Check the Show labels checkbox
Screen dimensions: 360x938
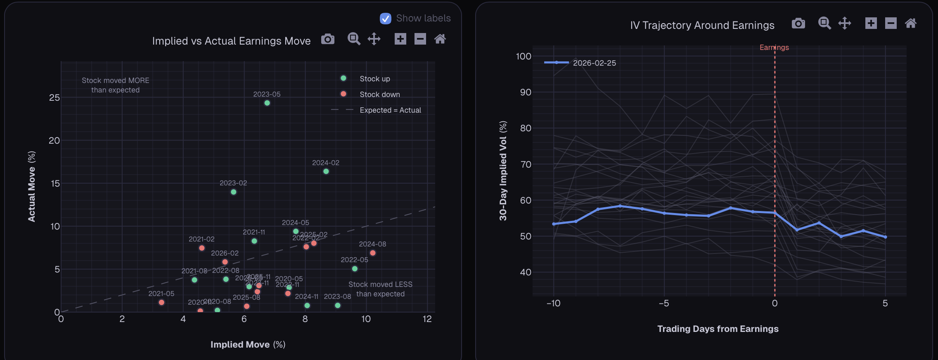click(385, 19)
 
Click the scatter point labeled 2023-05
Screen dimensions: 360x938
click(267, 103)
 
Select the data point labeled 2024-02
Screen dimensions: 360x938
click(326, 171)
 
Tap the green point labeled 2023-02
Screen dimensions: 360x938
click(234, 192)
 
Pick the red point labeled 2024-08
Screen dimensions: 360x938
click(373, 253)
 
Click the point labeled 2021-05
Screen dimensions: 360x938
click(161, 303)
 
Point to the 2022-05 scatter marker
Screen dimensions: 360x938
click(355, 269)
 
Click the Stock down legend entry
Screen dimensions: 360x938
click(379, 95)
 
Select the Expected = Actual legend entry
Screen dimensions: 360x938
click(390, 110)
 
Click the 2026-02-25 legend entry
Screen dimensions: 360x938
click(594, 63)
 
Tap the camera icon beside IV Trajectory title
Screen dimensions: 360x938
click(798, 24)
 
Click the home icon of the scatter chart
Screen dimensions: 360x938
click(440, 39)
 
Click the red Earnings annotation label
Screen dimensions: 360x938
click(774, 47)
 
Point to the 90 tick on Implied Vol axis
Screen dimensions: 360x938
click(525, 92)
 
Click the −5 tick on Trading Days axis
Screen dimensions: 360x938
click(663, 303)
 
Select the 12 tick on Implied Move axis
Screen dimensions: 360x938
click(427, 319)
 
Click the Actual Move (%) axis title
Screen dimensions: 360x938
click(31, 186)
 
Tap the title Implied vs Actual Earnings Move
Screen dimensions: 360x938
click(231, 41)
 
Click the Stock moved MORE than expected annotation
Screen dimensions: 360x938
click(115, 85)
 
